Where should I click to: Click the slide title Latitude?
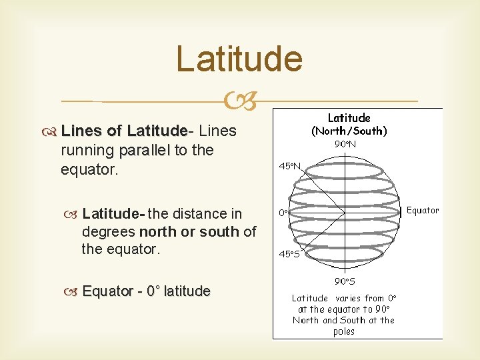(239, 59)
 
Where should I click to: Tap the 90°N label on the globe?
(345, 144)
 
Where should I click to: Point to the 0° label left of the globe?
(283, 213)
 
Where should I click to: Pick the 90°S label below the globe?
(345, 281)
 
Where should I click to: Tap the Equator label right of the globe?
(423, 211)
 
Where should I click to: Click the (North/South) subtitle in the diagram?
(349, 131)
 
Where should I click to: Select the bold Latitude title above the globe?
(349, 118)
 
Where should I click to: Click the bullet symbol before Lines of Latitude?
(51, 131)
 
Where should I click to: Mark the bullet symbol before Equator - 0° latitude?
(73, 291)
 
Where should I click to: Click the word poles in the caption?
(344, 331)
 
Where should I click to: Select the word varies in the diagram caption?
(347, 299)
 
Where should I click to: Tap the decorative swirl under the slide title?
(239, 101)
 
